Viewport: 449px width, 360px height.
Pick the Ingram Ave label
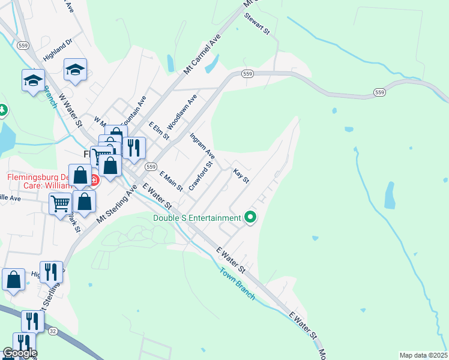tap(202, 146)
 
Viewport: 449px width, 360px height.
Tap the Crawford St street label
tap(201, 176)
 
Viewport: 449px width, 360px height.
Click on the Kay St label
tap(241, 176)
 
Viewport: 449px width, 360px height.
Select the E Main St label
tap(171, 181)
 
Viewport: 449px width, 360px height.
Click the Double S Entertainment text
tap(196, 218)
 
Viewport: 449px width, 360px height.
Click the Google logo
tap(19, 352)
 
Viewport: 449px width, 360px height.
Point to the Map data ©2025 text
tap(423, 355)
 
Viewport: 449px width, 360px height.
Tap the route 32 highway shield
tap(53, 331)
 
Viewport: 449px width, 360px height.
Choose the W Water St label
tap(71, 110)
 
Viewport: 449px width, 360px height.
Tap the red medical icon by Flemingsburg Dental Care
tap(94, 179)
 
